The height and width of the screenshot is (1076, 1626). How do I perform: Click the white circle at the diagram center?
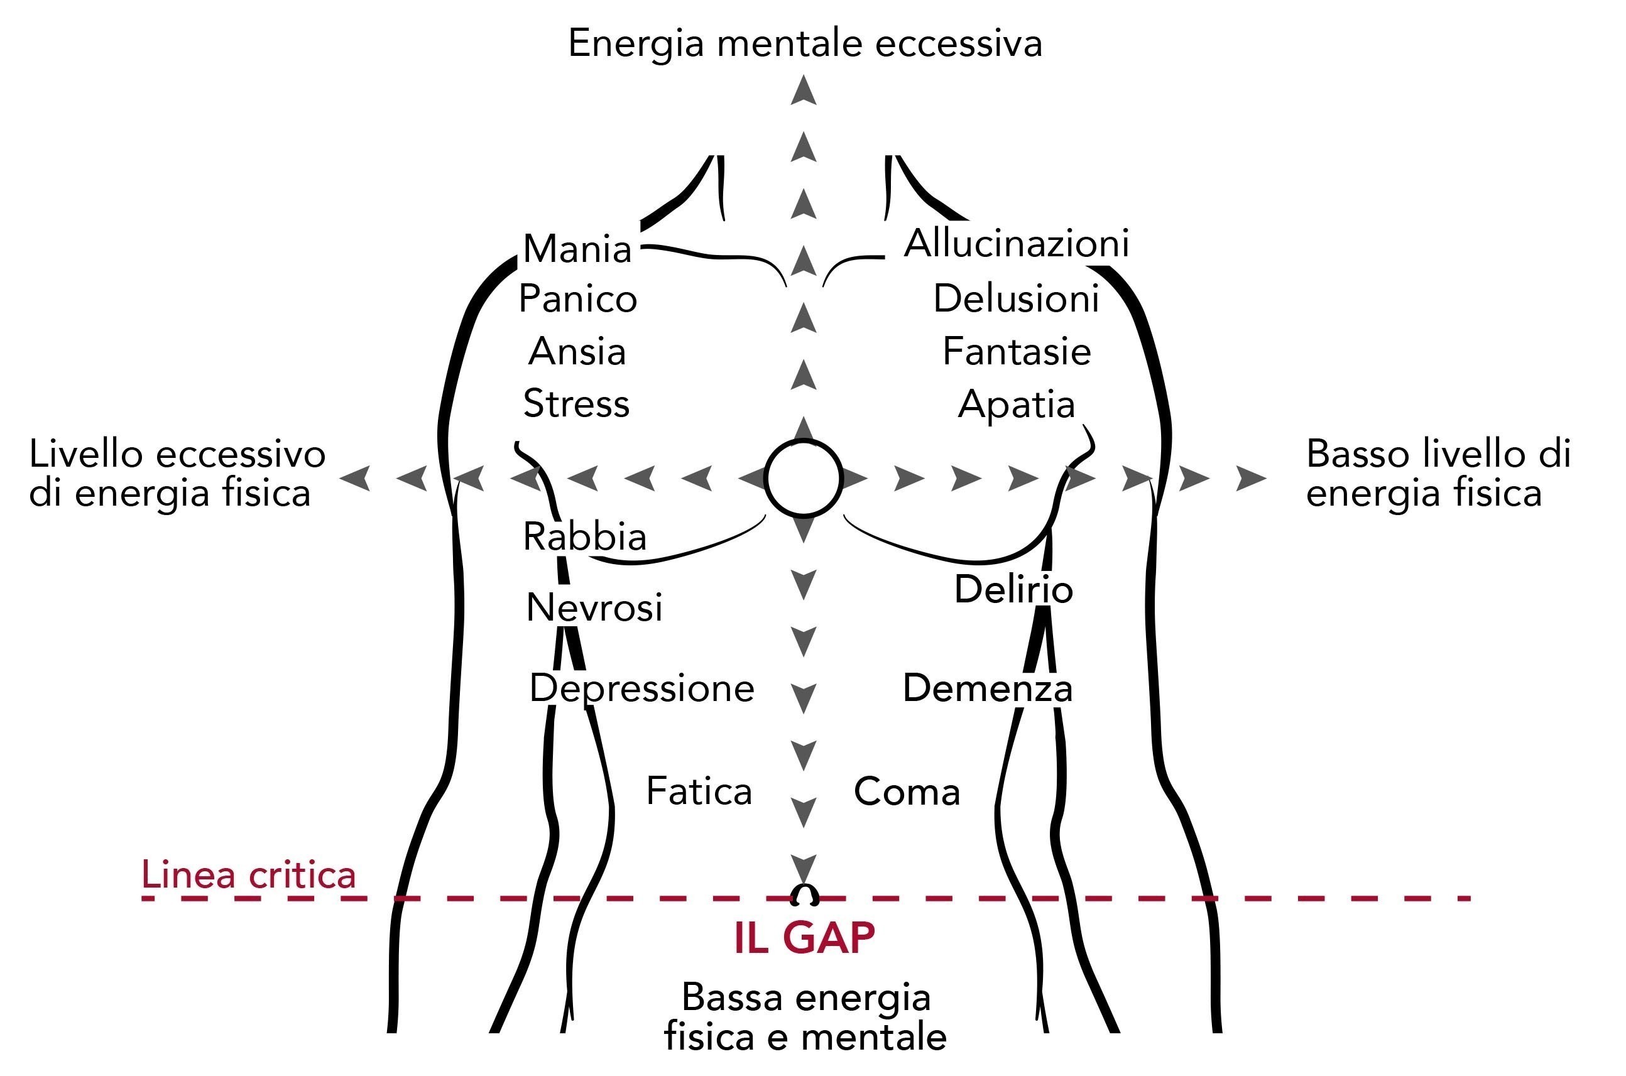803,478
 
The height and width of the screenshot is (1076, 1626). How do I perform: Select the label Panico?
578,299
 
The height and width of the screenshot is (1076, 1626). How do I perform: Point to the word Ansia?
577,351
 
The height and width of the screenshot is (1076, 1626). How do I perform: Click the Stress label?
577,403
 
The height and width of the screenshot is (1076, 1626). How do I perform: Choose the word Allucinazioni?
1017,244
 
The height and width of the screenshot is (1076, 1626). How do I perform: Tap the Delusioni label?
1017,299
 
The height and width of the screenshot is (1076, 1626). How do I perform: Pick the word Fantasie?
1017,351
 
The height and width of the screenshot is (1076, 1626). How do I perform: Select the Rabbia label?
585,536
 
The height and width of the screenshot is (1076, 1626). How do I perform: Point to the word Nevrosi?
594,607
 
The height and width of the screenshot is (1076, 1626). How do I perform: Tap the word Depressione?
641,689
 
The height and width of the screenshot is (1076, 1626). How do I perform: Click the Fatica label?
699,791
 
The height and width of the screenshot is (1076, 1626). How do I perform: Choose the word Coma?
907,791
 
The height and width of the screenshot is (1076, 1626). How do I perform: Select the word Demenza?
988,688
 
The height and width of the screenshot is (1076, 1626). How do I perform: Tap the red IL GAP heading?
804,937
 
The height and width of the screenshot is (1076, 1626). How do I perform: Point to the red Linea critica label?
248,874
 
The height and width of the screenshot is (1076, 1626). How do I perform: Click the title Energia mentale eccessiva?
805,43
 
